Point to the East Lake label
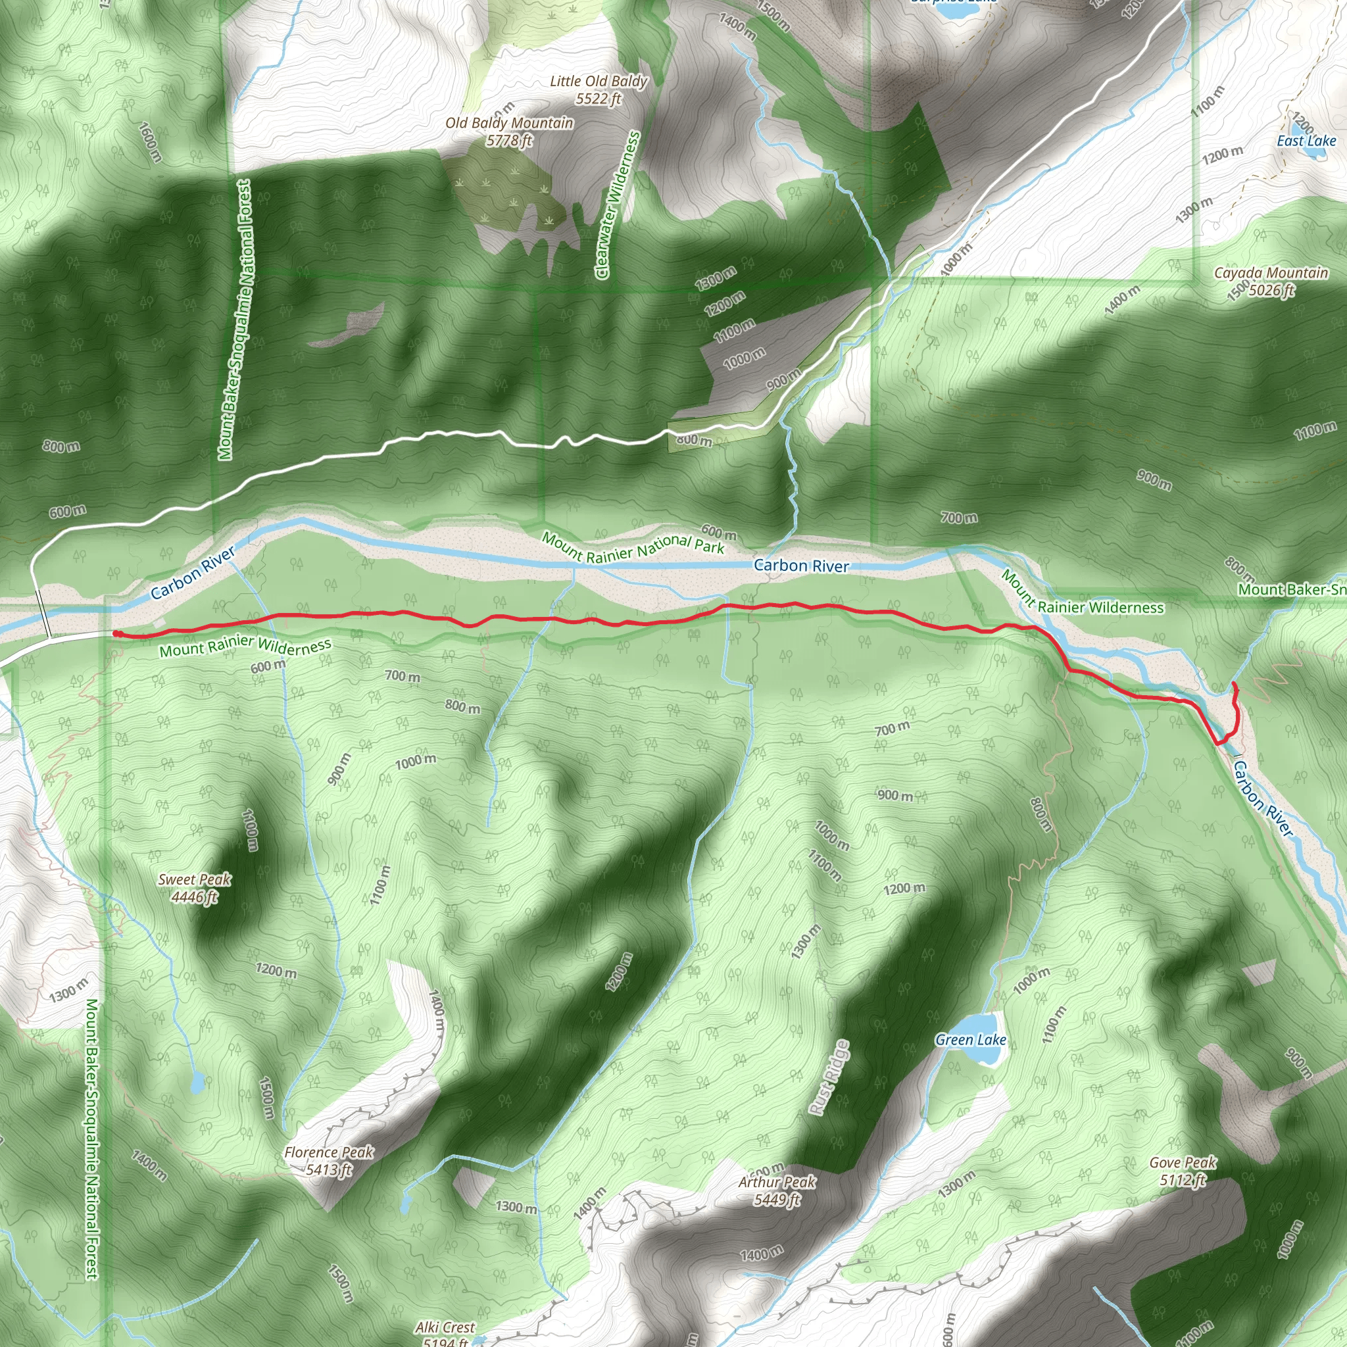[1306, 141]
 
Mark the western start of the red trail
[115, 633]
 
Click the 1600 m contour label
[150, 142]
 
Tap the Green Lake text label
[971, 1041]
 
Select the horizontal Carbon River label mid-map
[801, 566]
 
